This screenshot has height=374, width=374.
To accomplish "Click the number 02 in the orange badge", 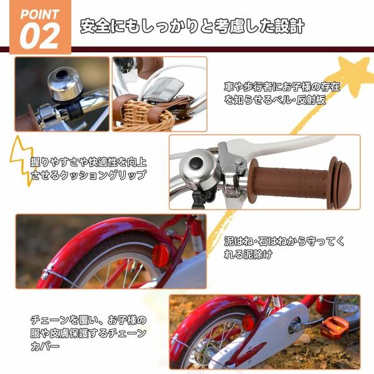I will pyautogui.click(x=40, y=36).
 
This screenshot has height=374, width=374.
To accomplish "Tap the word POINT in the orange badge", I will pyautogui.click(x=39, y=14).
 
